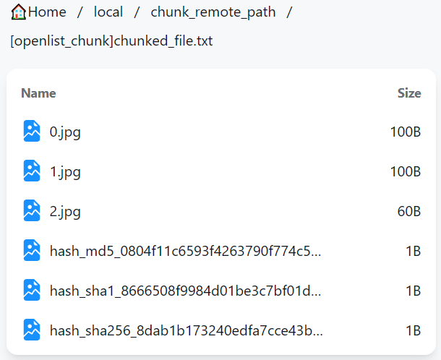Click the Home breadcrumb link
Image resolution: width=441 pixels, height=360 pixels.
(x=47, y=12)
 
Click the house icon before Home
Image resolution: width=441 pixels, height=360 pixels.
(x=19, y=12)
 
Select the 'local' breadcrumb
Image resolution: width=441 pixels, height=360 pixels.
(x=108, y=12)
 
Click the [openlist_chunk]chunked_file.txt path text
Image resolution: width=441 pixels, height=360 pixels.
(x=111, y=41)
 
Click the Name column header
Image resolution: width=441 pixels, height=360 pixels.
(x=38, y=93)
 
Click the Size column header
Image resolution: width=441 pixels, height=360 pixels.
(x=409, y=93)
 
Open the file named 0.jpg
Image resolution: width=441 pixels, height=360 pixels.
(x=65, y=132)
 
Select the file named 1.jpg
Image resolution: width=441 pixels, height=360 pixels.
(x=65, y=171)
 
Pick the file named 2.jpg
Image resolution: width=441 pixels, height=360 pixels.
(x=65, y=211)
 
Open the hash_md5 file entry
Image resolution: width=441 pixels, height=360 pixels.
(x=185, y=251)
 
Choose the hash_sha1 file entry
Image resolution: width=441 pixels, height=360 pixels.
(x=185, y=291)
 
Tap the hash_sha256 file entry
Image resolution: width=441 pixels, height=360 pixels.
(x=185, y=330)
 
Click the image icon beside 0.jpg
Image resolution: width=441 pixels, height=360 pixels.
(x=32, y=131)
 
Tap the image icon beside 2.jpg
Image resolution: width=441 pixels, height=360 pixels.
(x=32, y=210)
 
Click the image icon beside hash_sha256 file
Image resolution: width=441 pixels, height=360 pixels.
(x=32, y=330)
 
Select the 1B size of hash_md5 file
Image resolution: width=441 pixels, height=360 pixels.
(x=413, y=251)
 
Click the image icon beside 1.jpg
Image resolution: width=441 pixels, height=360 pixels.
(x=32, y=171)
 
